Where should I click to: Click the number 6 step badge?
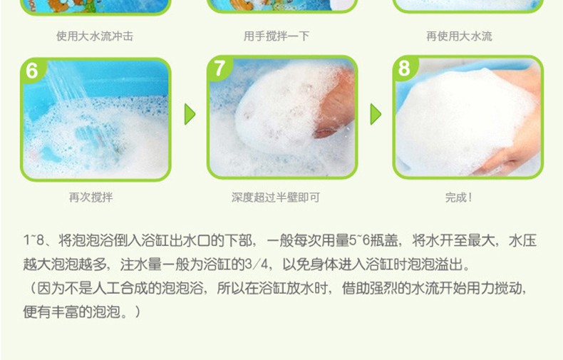click(x=32, y=70)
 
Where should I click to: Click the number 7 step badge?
click(x=219, y=68)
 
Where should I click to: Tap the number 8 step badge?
click(x=405, y=68)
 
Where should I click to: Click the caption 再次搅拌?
click(x=91, y=197)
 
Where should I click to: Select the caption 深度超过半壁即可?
click(x=275, y=197)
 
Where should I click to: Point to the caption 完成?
click(x=458, y=197)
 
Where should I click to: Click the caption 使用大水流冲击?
click(x=95, y=36)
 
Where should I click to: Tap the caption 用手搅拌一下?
click(x=276, y=36)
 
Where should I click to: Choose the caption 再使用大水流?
click(x=459, y=36)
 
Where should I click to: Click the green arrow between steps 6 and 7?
click(x=190, y=114)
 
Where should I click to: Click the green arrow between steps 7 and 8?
click(x=375, y=114)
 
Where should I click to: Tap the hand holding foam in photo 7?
click(x=335, y=104)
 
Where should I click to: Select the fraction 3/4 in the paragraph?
click(x=257, y=264)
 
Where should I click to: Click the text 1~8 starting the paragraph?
click(x=33, y=240)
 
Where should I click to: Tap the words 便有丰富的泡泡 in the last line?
click(x=71, y=312)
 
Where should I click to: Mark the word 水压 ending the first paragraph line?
click(x=522, y=240)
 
